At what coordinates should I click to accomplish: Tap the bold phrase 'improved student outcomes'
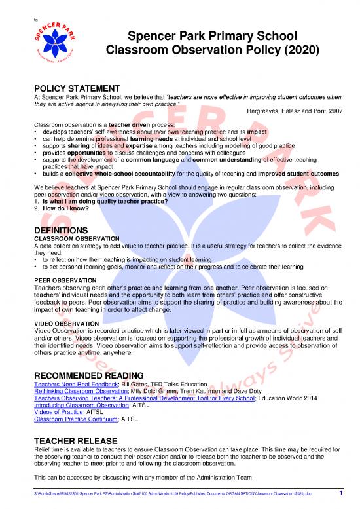pos(293,174)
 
